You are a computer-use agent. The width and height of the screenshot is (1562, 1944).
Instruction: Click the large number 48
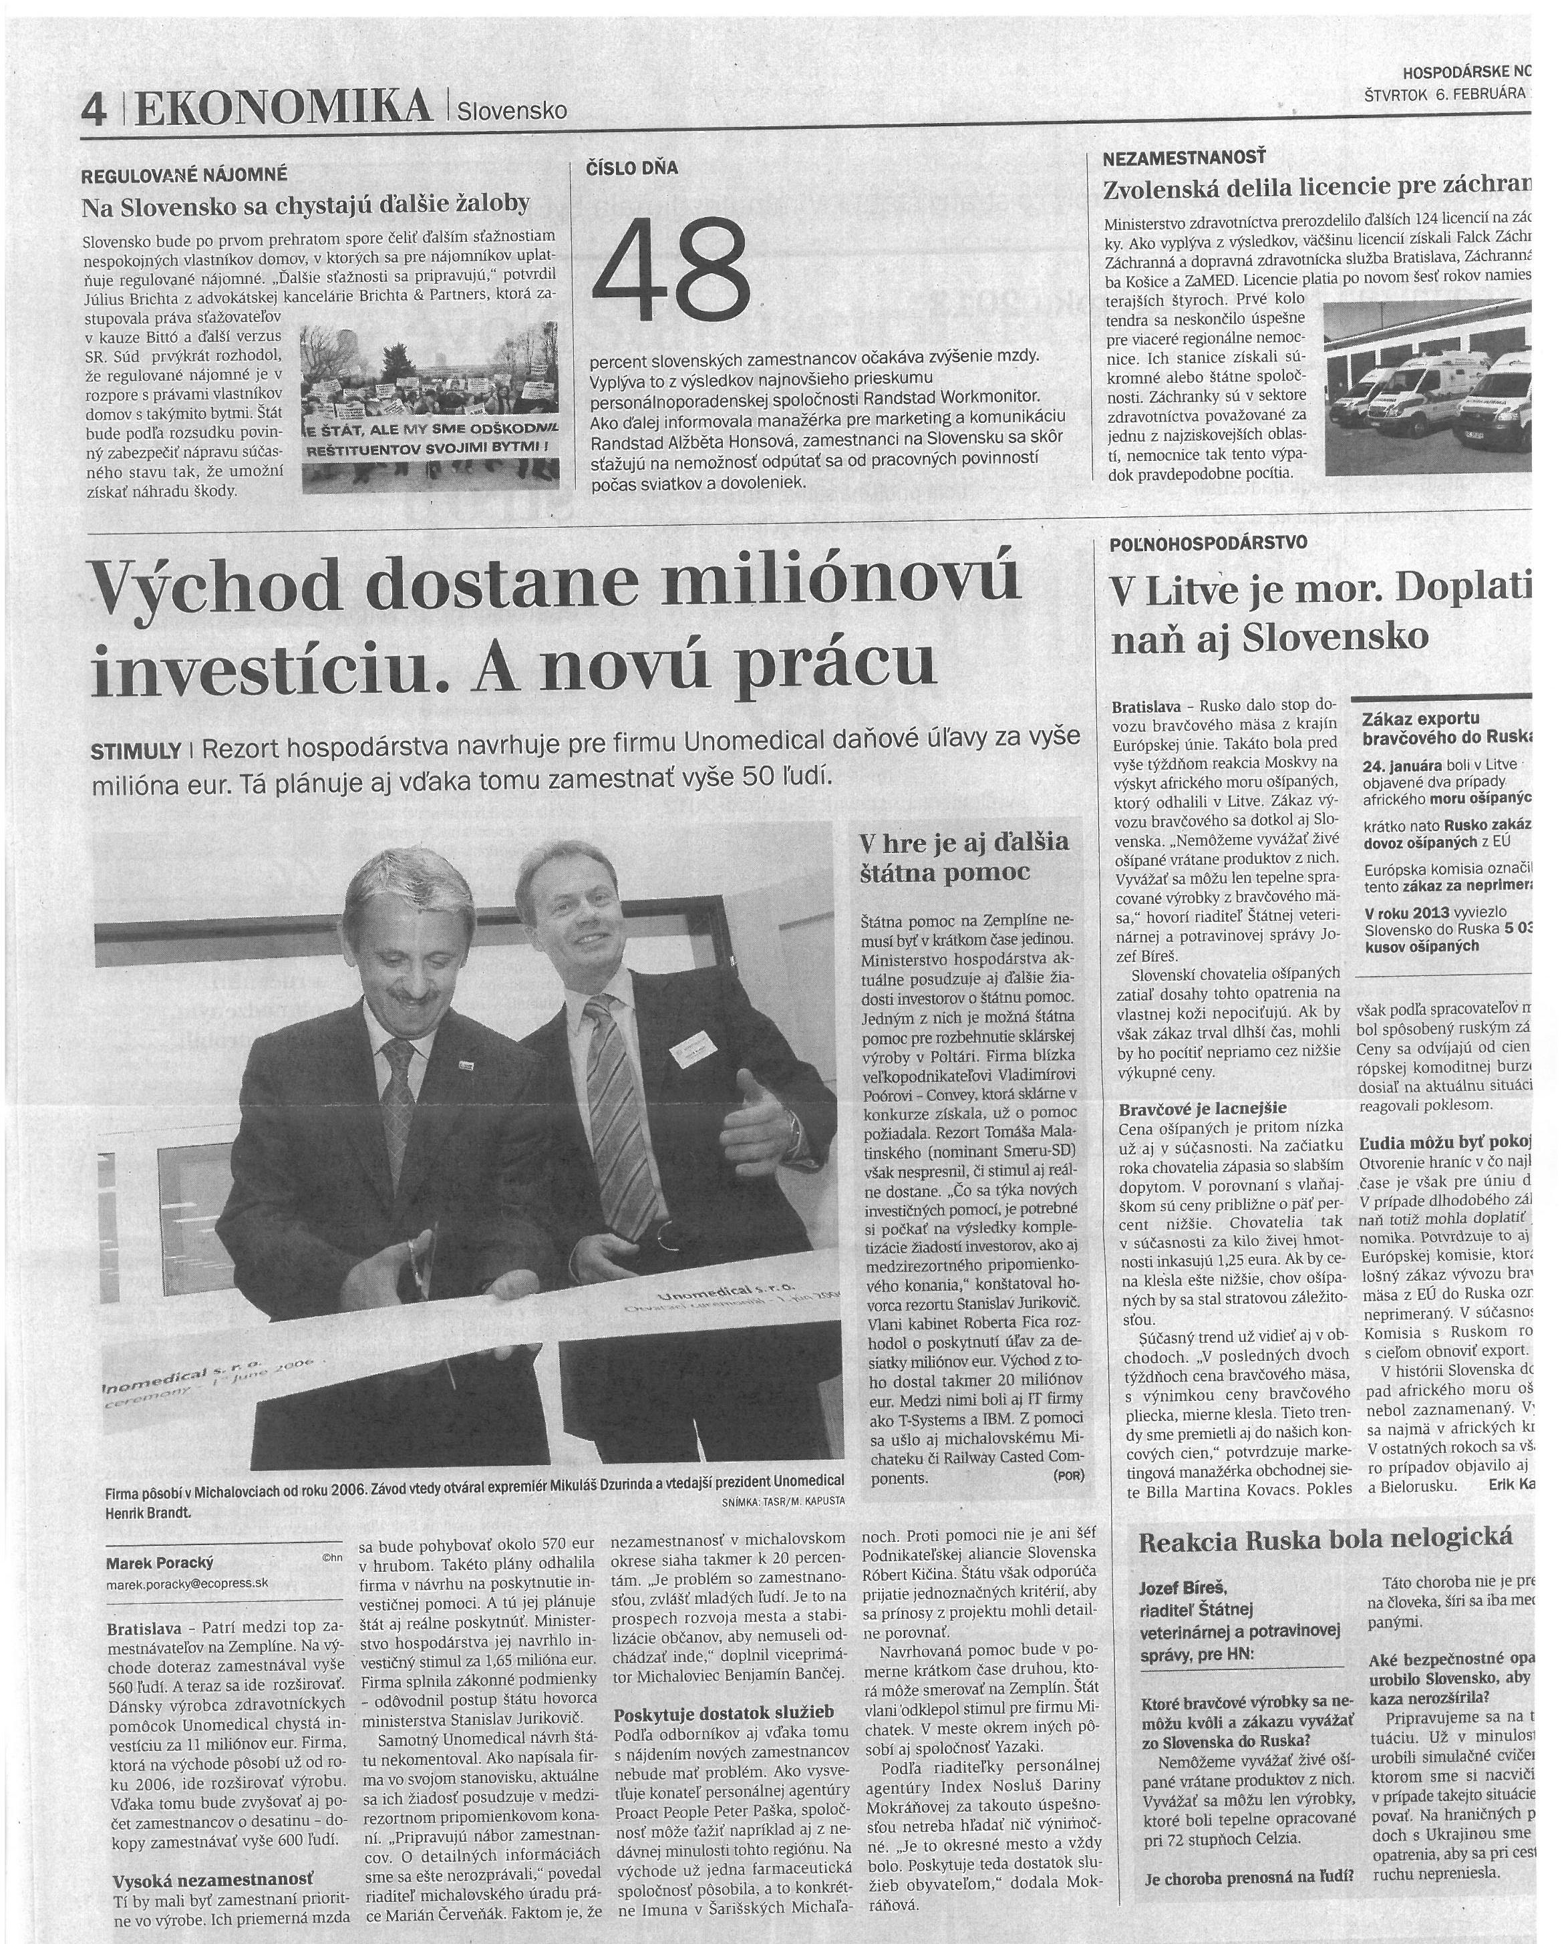[672, 269]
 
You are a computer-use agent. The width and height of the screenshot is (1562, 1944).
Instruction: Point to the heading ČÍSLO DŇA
[632, 168]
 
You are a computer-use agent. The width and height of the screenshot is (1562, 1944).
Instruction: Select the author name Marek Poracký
[160, 1563]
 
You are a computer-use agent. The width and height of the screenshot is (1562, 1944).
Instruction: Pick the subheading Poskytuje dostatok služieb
[724, 1713]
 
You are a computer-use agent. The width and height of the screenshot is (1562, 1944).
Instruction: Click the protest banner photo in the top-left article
[430, 408]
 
